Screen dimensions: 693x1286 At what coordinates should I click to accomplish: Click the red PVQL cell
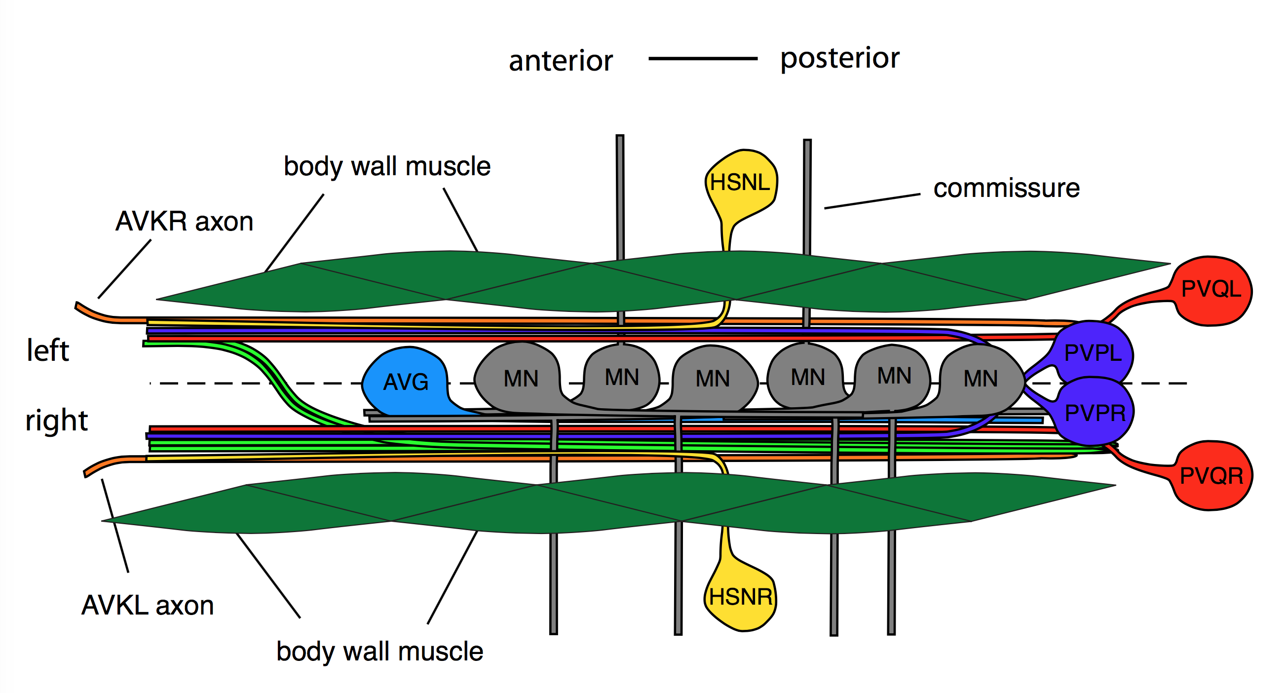tap(1211, 290)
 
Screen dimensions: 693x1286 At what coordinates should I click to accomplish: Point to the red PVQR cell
tap(1211, 475)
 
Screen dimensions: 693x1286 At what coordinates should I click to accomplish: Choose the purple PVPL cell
tap(1094, 353)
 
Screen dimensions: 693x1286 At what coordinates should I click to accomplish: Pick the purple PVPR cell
tap(1095, 413)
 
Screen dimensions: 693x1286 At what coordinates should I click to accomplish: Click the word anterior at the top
tap(561, 61)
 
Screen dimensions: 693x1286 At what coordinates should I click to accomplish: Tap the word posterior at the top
tap(840, 58)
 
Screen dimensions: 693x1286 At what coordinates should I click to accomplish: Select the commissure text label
tap(1006, 188)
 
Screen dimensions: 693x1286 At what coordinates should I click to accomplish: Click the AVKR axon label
tap(184, 221)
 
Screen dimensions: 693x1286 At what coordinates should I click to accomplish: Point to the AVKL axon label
tap(148, 606)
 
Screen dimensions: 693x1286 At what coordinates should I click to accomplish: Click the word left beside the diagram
tap(47, 350)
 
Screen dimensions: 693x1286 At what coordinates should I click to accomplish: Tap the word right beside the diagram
tap(56, 421)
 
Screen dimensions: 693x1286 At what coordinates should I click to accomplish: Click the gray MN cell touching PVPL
tap(981, 378)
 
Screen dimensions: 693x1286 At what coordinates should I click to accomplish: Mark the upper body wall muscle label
tap(387, 166)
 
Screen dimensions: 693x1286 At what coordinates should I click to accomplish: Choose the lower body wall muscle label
tap(379, 652)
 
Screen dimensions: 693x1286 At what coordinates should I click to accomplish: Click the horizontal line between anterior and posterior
tap(702, 59)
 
